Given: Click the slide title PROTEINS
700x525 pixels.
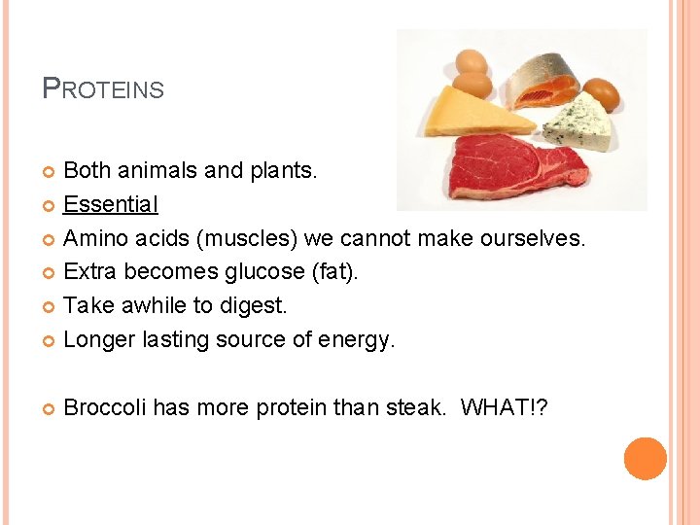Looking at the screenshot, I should pos(104,89).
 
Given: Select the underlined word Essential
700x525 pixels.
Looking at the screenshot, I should pos(111,204).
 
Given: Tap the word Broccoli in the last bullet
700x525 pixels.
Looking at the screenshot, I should pos(104,407).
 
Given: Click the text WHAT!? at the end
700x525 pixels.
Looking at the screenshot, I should pos(504,407).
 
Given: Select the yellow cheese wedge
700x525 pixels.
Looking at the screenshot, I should pos(475,113).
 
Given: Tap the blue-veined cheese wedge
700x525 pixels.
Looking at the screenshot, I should pos(577,122).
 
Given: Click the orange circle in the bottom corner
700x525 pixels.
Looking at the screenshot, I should pos(645,459).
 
